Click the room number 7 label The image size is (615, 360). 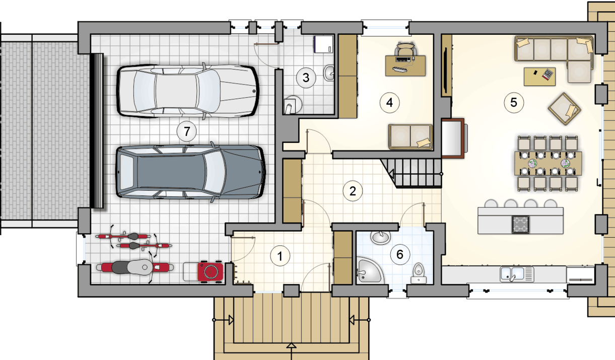point(187,131)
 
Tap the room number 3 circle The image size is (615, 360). point(306,78)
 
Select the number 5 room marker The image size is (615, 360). point(514,103)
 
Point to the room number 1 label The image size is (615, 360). point(280,256)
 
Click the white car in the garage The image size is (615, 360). point(188,91)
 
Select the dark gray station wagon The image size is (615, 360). point(190,172)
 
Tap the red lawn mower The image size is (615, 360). point(210,271)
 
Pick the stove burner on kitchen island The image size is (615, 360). point(520,225)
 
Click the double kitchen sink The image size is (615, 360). point(517,274)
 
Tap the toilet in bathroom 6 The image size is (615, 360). point(419,273)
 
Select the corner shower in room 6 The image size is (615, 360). point(369,270)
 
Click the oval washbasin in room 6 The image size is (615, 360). point(380,237)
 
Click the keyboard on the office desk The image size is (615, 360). point(400,69)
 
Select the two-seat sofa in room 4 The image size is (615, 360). point(411,137)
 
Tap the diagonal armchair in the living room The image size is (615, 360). point(565,109)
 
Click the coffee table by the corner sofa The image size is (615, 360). point(539,77)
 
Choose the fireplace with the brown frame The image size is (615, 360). point(453,138)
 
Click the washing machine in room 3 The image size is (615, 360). point(323,44)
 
